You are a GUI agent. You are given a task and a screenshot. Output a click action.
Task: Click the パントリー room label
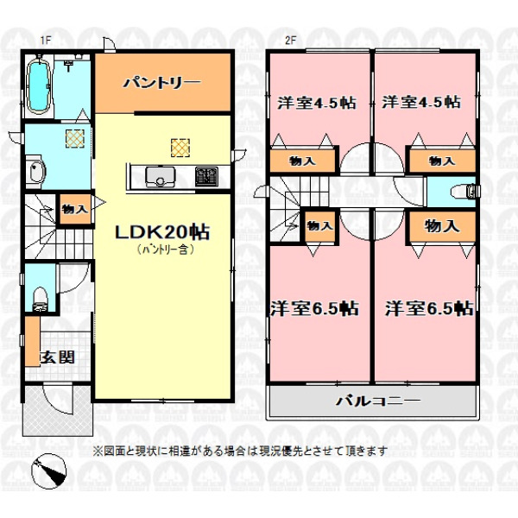click(162, 82)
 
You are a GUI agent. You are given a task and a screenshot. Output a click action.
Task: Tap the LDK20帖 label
click(162, 232)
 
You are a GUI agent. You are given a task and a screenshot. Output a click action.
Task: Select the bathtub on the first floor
click(40, 85)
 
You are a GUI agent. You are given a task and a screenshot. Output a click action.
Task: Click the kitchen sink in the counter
click(161, 177)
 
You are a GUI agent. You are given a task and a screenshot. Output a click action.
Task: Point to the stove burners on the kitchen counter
click(206, 176)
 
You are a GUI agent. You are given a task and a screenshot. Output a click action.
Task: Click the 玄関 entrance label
click(57, 357)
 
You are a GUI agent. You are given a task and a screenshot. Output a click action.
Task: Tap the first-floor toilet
click(41, 300)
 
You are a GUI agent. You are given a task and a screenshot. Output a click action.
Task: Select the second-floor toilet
click(465, 192)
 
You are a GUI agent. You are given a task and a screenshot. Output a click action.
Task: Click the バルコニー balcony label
click(379, 401)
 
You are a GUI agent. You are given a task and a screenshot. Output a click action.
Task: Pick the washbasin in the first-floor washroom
click(36, 172)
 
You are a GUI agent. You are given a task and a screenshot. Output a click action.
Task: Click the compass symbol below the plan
click(48, 471)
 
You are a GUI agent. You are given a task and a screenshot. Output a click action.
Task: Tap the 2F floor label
click(291, 41)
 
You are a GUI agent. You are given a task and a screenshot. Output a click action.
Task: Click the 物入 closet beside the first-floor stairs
click(75, 210)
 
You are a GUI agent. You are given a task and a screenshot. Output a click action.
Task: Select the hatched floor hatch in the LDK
click(180, 148)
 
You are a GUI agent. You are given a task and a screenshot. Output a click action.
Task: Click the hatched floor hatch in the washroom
click(75, 138)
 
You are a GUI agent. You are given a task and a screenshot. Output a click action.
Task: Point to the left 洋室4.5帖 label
click(317, 103)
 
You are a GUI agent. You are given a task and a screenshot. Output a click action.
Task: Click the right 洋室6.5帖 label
click(429, 308)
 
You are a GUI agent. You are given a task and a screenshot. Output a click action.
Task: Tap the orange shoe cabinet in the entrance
click(33, 341)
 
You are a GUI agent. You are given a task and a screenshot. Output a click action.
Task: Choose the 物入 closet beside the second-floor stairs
click(319, 226)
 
